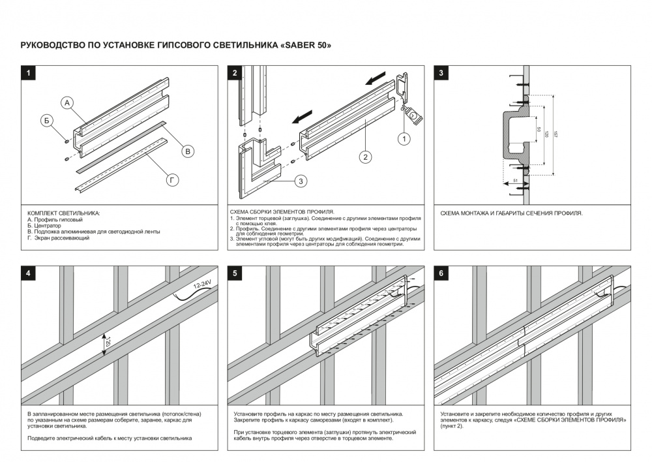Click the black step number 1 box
click(27, 73)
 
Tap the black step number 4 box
click(27, 273)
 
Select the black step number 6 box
click(441, 273)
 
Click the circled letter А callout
click(68, 102)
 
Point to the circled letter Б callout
click(46, 120)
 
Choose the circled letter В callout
click(187, 151)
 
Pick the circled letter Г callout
click(172, 180)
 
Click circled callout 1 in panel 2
click(404, 138)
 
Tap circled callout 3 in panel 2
click(301, 181)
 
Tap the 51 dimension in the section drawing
click(515, 179)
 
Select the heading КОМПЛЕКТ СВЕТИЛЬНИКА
click(64, 213)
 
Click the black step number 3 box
click(441, 73)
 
